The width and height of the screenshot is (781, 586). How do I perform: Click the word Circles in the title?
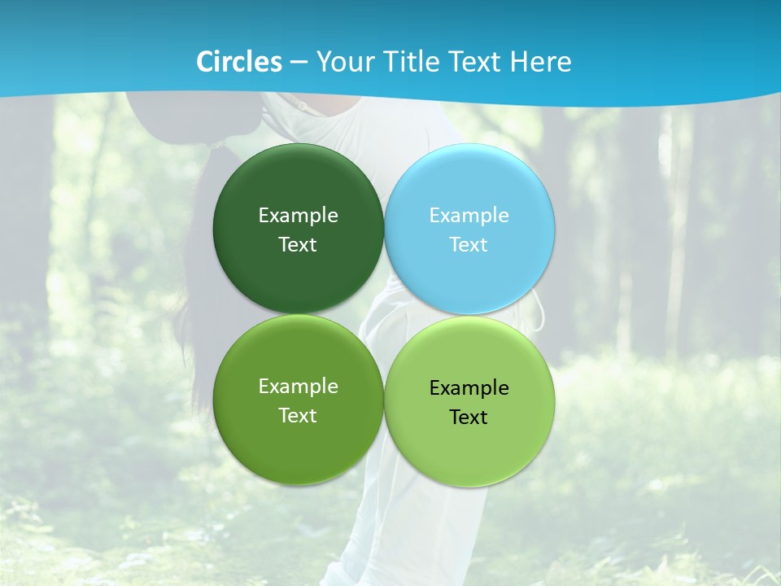coord(239,62)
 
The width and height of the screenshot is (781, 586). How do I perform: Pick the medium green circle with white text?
coord(298,448)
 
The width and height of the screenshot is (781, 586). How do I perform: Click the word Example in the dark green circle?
coord(298,216)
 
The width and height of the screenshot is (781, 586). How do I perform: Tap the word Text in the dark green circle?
coord(298,245)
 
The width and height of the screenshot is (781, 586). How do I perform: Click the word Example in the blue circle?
coord(469,216)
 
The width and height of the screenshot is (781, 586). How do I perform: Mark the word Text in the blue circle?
coord(469,245)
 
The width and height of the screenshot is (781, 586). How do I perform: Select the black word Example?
coord(469,388)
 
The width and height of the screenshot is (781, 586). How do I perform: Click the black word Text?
coord(469,418)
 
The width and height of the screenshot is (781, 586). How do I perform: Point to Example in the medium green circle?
coord(298,387)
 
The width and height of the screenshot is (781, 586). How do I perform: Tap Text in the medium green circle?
coord(298,416)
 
